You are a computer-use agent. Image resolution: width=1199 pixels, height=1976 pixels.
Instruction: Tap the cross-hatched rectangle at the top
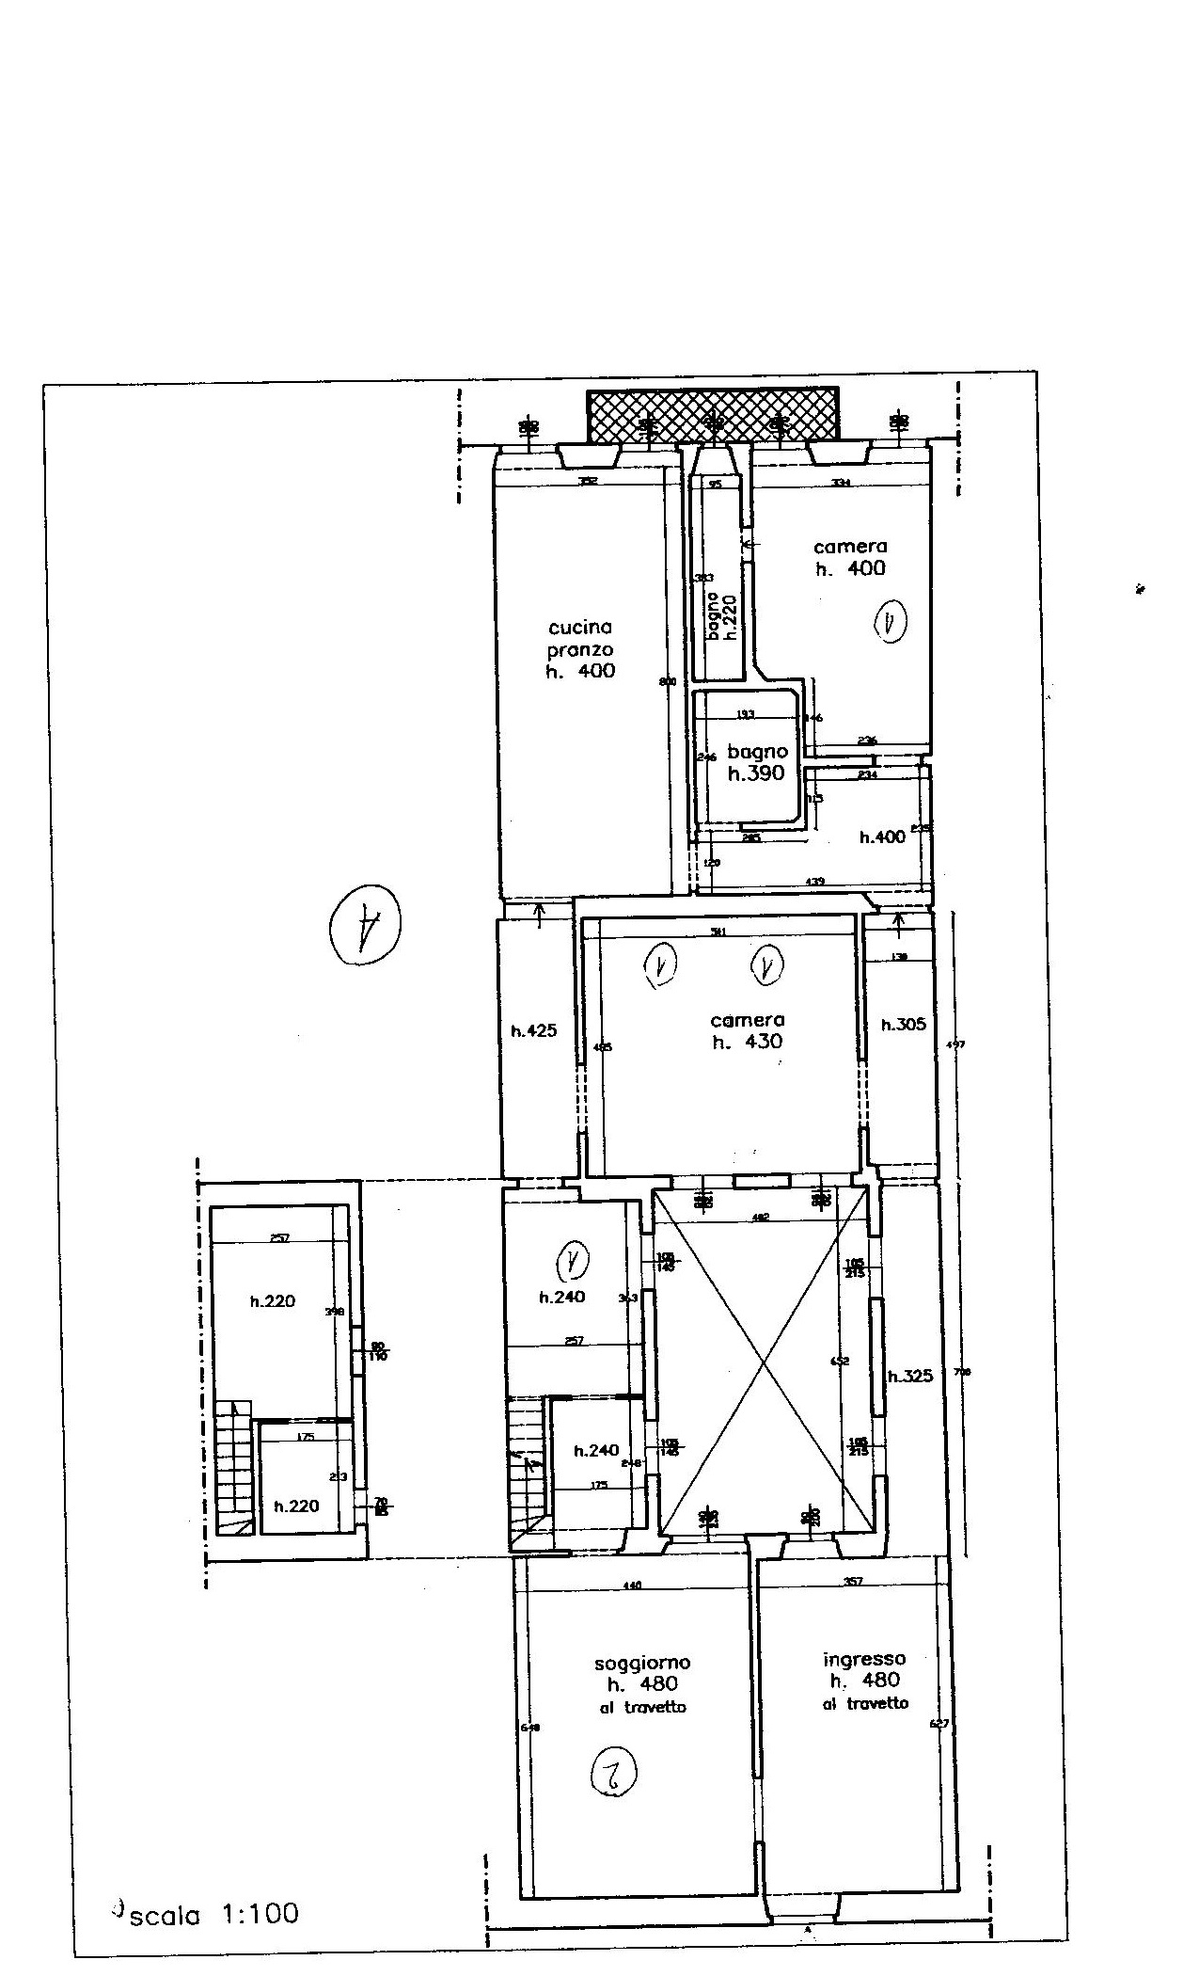tap(712, 417)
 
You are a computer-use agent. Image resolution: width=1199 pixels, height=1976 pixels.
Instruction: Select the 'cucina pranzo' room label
tap(580, 649)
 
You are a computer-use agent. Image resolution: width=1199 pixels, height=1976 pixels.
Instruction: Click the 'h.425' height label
tap(533, 1030)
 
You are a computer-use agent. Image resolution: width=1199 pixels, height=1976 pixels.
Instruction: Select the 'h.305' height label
tap(903, 1025)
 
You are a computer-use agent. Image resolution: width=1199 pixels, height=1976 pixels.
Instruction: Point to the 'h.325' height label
tap(910, 1377)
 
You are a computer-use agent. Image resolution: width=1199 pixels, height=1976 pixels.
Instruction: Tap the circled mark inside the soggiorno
tap(612, 1777)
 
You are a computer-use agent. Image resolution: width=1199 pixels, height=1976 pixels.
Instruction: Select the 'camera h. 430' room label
tap(748, 1031)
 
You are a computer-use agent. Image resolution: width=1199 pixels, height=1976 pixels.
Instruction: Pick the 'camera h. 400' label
tap(849, 557)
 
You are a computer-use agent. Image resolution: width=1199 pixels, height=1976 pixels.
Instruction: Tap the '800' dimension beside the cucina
tap(668, 683)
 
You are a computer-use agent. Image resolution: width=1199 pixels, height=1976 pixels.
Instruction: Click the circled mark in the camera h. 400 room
tap(890, 623)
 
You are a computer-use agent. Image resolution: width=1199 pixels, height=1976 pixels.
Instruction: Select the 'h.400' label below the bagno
tap(882, 837)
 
